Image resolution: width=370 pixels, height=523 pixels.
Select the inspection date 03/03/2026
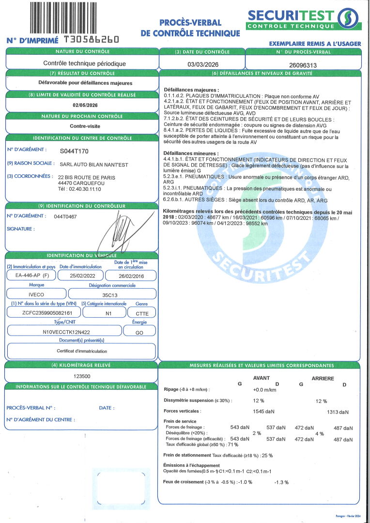pos(202,63)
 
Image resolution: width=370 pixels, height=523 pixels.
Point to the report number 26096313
pos(303,64)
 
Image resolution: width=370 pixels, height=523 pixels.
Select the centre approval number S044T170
pos(74,151)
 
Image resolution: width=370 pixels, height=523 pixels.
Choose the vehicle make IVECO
pos(36,294)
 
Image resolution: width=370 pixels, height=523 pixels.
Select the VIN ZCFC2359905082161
pos(43,312)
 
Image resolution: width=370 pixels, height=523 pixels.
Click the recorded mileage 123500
pos(82,376)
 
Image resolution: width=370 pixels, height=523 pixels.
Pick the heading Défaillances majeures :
pos(191,90)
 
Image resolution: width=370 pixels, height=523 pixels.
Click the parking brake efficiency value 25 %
pos(267,456)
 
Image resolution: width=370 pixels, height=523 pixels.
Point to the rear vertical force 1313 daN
pos(338,412)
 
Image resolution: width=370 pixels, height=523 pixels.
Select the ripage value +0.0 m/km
pos(264,389)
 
